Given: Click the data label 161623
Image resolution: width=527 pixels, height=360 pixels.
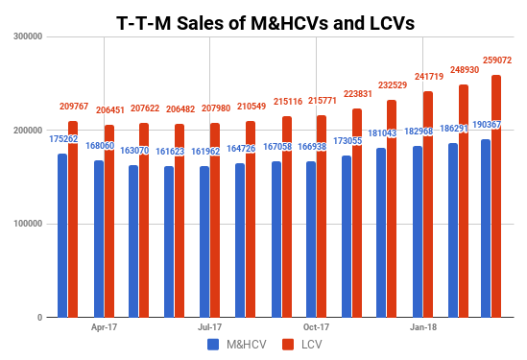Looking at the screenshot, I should click(x=168, y=152).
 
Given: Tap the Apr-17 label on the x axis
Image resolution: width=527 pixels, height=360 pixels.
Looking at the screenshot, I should click(x=104, y=327).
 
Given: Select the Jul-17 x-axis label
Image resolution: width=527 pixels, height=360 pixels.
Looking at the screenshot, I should click(x=210, y=327).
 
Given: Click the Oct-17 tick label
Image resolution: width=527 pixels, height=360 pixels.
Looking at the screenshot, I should click(x=316, y=327).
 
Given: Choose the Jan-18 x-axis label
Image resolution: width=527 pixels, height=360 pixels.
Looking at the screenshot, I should click(x=422, y=327).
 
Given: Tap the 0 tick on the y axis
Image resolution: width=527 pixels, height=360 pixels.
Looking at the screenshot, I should click(x=38, y=318).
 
